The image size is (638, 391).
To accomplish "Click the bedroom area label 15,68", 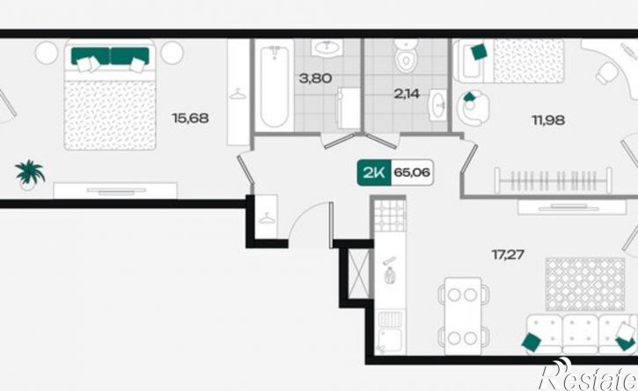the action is (190, 119).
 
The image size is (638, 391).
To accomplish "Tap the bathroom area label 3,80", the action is (315, 77).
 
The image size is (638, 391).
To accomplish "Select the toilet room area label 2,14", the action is (407, 93).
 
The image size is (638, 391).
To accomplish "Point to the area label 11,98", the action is (548, 120).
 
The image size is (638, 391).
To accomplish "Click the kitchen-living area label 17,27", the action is (508, 255).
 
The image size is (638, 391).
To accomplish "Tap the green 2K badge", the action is (374, 173).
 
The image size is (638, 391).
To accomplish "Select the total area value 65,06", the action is (412, 173).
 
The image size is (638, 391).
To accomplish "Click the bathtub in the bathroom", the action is (275, 86).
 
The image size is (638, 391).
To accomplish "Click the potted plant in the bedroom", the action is (29, 174).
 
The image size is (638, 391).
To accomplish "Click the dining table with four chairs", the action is (464, 315).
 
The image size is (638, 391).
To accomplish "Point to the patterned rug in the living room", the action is (585, 284).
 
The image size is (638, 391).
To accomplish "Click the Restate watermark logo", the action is (588, 375).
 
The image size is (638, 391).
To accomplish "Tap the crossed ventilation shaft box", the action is (359, 273).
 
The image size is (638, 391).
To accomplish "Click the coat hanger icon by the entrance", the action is (267, 218).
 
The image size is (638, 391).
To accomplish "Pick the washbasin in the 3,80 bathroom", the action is (326, 48).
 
